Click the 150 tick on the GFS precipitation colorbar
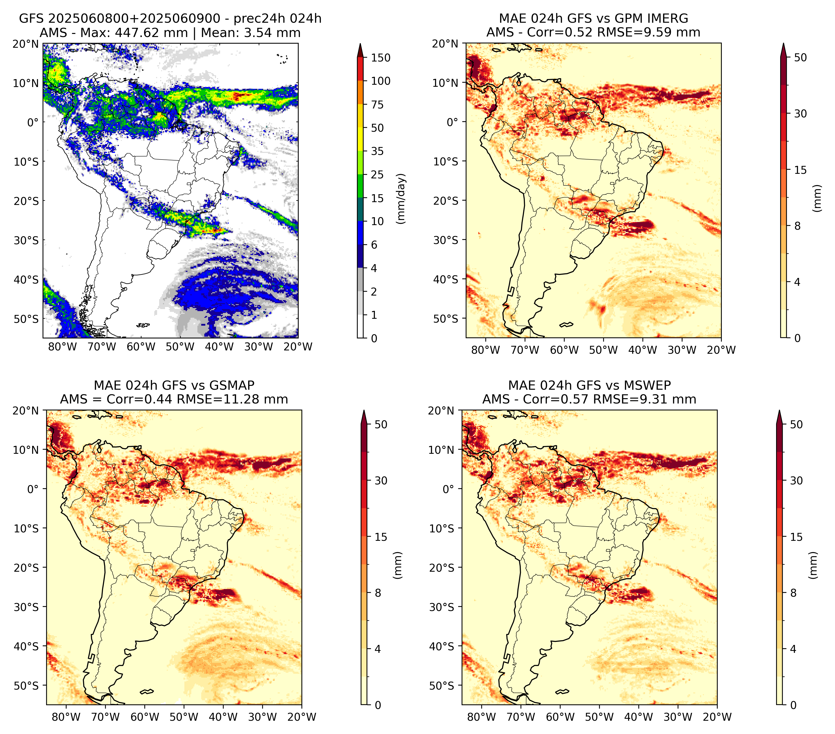click(x=380, y=58)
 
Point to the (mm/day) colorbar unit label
click(x=402, y=199)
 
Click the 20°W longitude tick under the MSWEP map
click(x=717, y=717)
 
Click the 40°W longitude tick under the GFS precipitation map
click(x=219, y=347)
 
